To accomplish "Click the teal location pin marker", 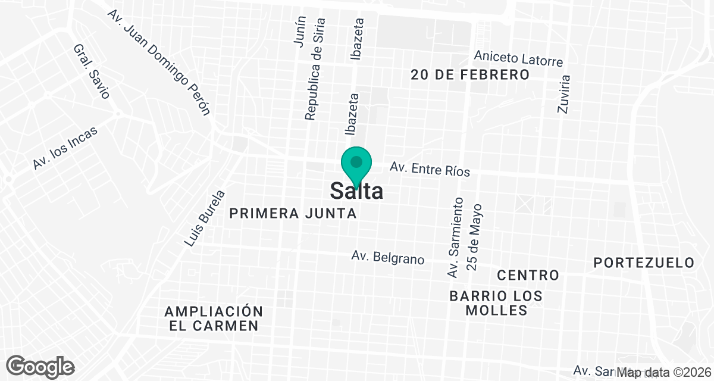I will click(x=356, y=164).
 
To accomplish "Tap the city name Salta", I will click(x=356, y=190).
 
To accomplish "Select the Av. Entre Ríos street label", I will click(x=430, y=170).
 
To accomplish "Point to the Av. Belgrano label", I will click(x=387, y=258).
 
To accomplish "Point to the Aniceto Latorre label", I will click(x=518, y=58).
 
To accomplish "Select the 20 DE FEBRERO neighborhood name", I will click(x=470, y=74).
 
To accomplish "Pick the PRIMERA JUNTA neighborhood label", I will click(x=293, y=213).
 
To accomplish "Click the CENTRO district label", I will click(x=528, y=275).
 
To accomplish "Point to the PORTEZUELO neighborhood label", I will click(x=644, y=263).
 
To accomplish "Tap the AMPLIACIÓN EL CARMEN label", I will click(x=214, y=318).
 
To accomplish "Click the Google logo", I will click(x=40, y=366).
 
